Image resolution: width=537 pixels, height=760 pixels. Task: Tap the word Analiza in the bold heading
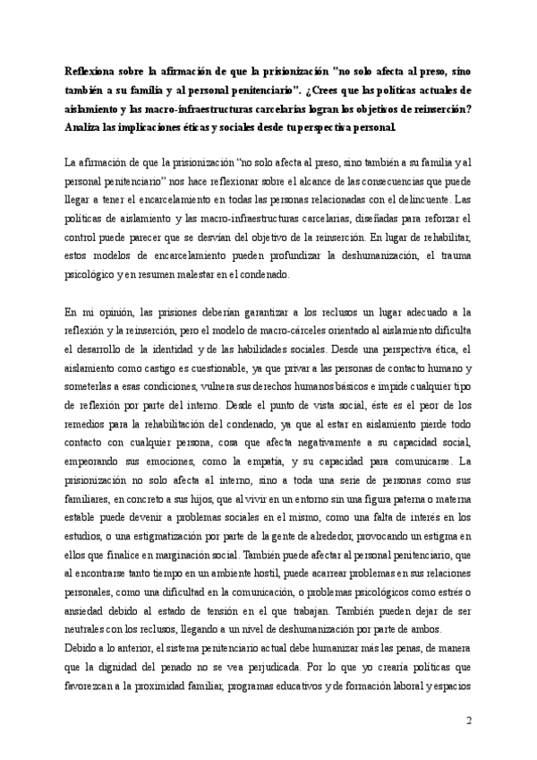85,126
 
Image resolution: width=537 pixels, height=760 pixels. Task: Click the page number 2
468,721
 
